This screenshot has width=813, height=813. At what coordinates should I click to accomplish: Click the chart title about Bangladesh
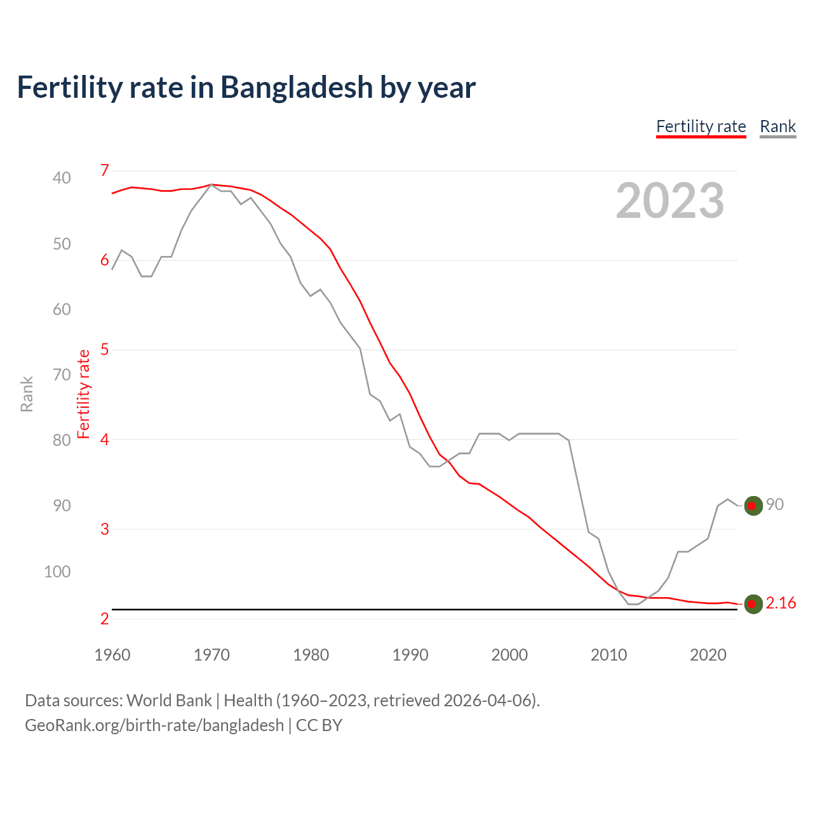pyautogui.click(x=246, y=88)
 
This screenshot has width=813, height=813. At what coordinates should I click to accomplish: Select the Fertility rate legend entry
pyautogui.click(x=701, y=126)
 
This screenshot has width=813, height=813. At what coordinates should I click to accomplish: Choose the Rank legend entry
pyautogui.click(x=777, y=126)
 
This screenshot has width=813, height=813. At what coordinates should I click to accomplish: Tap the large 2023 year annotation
pyautogui.click(x=669, y=201)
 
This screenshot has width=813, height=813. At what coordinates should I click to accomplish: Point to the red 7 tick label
pyautogui.click(x=105, y=170)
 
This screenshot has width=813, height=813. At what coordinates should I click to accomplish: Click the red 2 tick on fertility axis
pyautogui.click(x=105, y=619)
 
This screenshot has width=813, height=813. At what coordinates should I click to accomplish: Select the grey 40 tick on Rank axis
pyautogui.click(x=62, y=178)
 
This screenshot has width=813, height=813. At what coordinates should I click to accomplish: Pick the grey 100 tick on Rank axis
pyautogui.click(x=57, y=572)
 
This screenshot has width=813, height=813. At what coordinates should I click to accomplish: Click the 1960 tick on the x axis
pyautogui.click(x=112, y=655)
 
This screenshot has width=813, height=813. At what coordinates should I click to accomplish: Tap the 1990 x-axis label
pyautogui.click(x=410, y=655)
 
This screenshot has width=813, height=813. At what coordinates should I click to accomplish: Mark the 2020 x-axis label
pyautogui.click(x=708, y=655)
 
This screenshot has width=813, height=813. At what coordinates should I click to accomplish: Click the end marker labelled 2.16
pyautogui.click(x=753, y=604)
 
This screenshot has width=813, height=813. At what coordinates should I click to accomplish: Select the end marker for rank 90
pyautogui.click(x=753, y=506)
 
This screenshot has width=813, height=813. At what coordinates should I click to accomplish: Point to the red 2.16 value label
pyautogui.click(x=781, y=603)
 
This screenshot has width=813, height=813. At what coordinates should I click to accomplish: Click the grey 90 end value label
pyautogui.click(x=774, y=504)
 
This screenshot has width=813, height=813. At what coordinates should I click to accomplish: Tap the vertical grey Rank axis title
pyautogui.click(x=27, y=394)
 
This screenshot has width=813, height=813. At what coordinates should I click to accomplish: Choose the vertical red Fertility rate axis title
pyautogui.click(x=83, y=394)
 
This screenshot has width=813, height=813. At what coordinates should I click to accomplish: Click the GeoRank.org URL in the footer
pyautogui.click(x=154, y=725)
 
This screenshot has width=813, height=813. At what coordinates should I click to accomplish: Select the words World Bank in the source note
pyautogui.click(x=169, y=701)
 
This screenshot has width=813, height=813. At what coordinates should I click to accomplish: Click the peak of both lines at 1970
pyautogui.click(x=212, y=184)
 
